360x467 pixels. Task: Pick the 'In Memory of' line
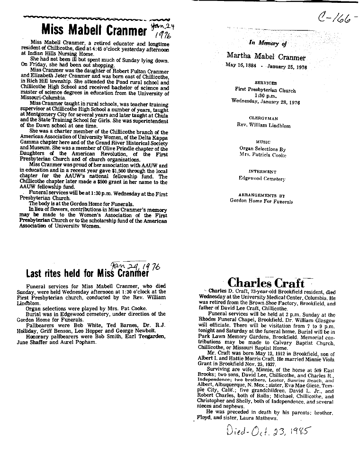click(268, 43)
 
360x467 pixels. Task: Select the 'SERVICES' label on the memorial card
click(265, 82)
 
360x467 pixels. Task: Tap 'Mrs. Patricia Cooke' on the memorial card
click(263, 156)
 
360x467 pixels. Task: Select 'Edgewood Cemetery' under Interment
click(262, 179)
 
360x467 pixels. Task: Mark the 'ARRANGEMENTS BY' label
click(262, 195)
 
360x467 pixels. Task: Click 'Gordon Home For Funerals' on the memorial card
click(261, 201)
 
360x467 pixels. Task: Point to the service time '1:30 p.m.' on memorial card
click(265, 95)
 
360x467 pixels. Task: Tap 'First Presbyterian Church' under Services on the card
click(265, 90)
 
